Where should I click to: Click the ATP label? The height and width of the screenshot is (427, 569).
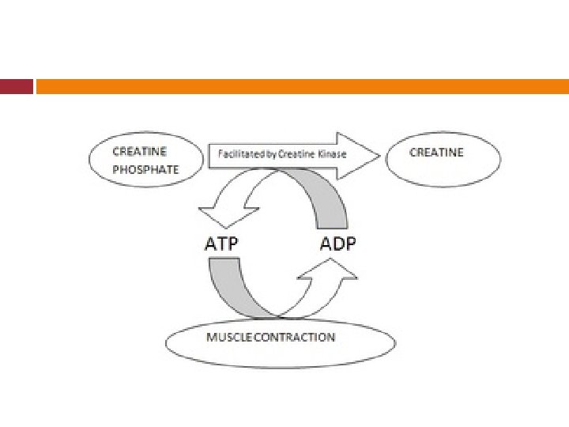pyautogui.click(x=221, y=244)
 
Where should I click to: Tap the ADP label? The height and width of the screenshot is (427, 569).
pyautogui.click(x=337, y=244)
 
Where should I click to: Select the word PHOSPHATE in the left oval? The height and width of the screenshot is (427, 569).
pyautogui.click(x=145, y=169)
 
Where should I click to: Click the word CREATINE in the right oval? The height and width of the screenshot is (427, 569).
pyautogui.click(x=436, y=152)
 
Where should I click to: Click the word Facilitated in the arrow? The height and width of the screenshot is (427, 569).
pyautogui.click(x=242, y=153)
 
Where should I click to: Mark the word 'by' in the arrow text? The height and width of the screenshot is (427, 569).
pyautogui.click(x=270, y=153)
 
